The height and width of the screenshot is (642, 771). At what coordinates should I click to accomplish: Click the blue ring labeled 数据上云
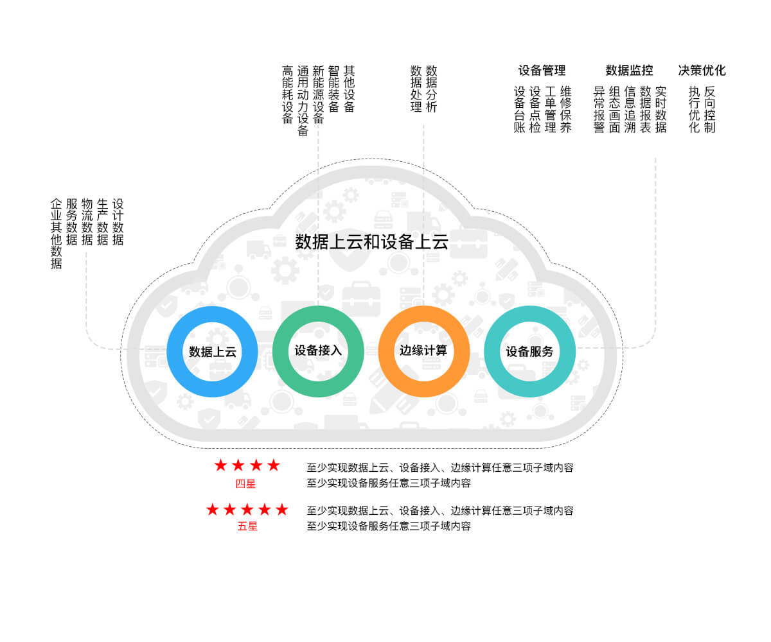pos(212,351)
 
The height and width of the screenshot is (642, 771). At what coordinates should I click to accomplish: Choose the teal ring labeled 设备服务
pos(529,351)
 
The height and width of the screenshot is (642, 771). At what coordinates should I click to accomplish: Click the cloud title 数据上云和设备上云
pos(371,242)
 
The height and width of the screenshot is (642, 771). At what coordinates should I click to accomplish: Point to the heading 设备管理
pos(542,71)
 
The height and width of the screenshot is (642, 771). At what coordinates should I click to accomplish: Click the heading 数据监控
pos(629,71)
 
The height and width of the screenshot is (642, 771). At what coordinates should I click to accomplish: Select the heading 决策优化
pos(702,71)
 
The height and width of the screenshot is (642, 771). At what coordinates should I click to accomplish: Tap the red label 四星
pos(245,484)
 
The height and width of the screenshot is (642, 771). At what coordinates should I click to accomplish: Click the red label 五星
pos(247,526)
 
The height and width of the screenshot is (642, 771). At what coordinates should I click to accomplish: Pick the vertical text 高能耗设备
pos(287,94)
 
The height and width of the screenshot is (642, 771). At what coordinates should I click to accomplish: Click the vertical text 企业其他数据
pos(57,233)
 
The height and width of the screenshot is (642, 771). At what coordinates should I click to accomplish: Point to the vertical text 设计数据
pos(118,221)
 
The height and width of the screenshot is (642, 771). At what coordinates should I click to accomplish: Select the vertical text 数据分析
pos(432,89)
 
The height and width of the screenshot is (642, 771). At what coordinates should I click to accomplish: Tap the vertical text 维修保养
pos(565,109)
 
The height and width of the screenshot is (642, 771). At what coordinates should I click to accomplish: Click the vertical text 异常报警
pos(599,109)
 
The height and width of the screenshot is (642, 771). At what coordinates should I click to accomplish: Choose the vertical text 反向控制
pos(709,109)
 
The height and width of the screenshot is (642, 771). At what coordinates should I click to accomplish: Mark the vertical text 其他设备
pos(349,89)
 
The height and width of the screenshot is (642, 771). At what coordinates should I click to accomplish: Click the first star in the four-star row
pos(221,465)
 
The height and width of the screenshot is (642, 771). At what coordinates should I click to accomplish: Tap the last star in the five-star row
pos(281,510)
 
